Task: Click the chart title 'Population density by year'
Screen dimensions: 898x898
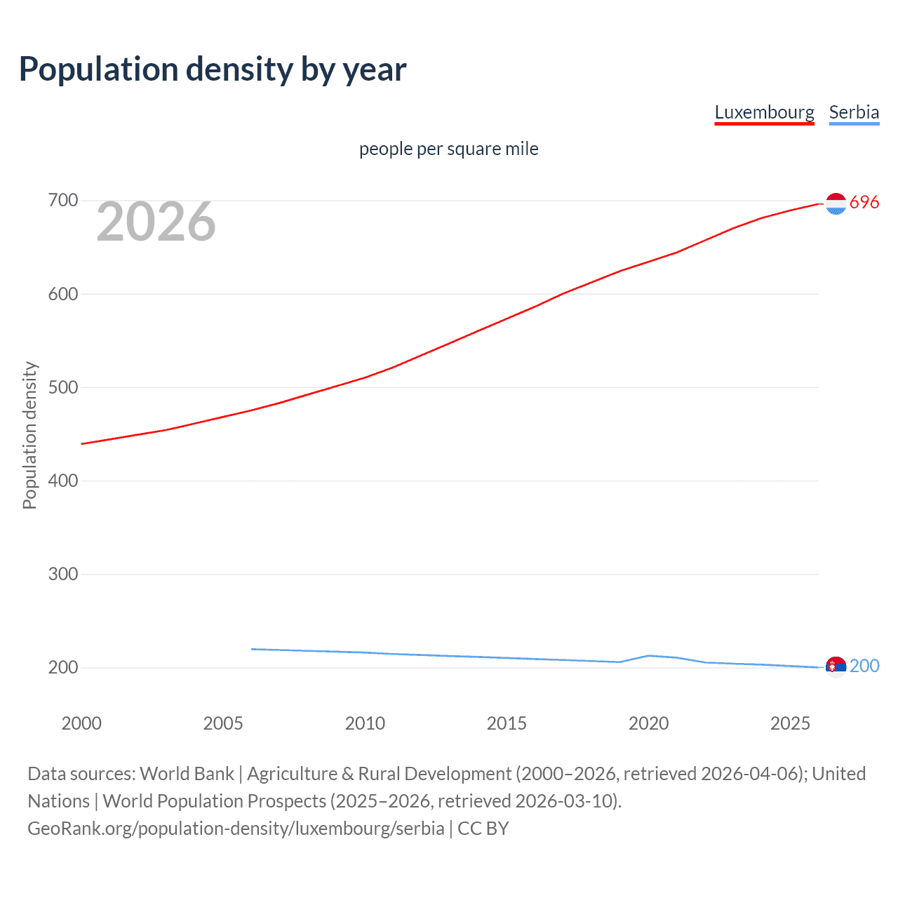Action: (x=213, y=69)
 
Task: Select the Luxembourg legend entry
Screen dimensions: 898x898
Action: (x=764, y=112)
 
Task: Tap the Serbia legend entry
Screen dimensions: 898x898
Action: (x=854, y=112)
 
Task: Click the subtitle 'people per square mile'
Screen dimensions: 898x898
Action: (x=448, y=149)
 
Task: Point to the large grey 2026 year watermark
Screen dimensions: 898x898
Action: (x=156, y=222)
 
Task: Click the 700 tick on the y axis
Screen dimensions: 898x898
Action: (x=62, y=201)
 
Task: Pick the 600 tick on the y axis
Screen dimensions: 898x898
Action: (x=62, y=294)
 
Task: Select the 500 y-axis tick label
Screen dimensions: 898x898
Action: (x=62, y=387)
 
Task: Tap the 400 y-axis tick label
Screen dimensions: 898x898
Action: (x=62, y=481)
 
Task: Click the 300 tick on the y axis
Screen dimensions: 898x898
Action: (x=62, y=574)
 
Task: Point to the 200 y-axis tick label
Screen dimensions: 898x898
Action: (x=62, y=667)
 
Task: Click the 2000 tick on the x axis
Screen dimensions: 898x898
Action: (x=81, y=723)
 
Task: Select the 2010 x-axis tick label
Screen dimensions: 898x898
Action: (x=365, y=723)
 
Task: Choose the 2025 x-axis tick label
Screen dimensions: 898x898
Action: (x=790, y=723)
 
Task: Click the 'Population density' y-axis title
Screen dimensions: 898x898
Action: (x=29, y=435)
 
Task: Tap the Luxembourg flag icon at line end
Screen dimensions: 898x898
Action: (x=836, y=203)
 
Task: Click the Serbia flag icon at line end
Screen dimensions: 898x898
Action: (x=836, y=666)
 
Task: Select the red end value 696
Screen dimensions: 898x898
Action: (x=864, y=203)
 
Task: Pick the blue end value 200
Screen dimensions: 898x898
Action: (x=864, y=666)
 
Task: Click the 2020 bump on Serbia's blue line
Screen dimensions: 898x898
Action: (x=648, y=655)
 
